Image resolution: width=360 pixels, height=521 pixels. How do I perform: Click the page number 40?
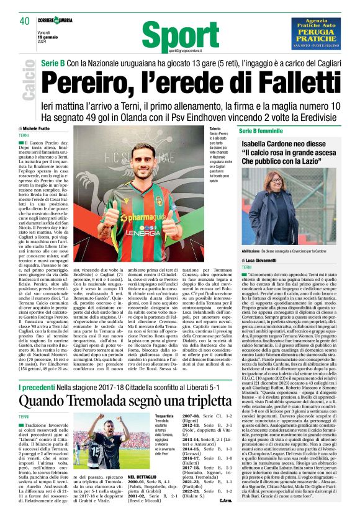point(25,20)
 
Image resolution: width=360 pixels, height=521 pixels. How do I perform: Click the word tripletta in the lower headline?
point(232,384)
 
